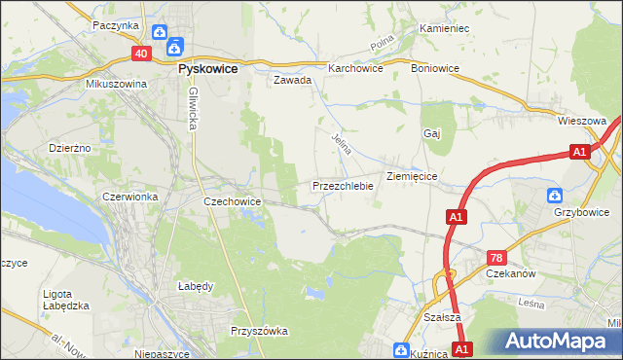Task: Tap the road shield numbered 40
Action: (x=141, y=54)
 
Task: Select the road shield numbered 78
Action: (x=496, y=257)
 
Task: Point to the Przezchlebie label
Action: (x=343, y=185)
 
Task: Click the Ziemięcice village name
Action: (x=416, y=176)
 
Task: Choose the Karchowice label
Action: (x=354, y=69)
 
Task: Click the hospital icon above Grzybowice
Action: (x=555, y=195)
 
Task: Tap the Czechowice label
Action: (x=231, y=201)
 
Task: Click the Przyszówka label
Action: (x=259, y=331)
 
